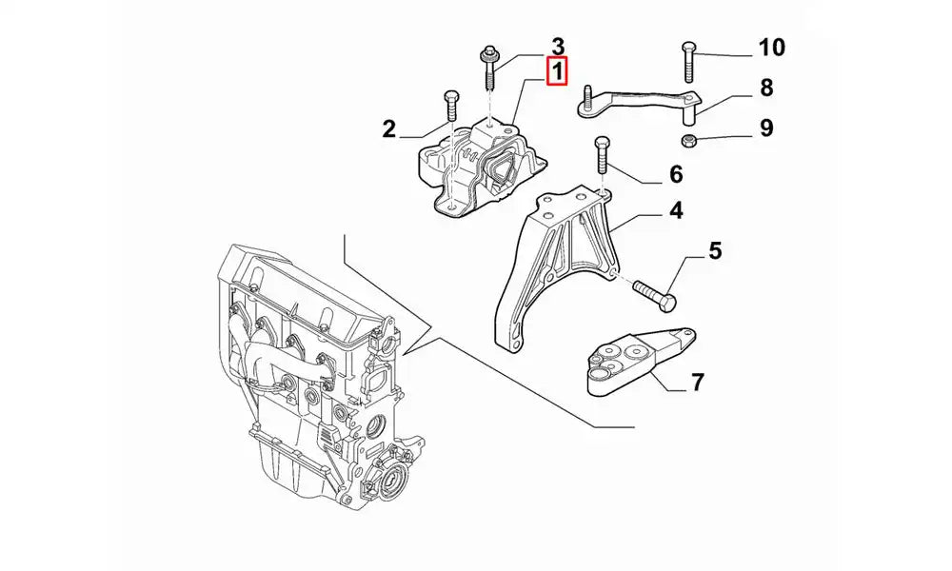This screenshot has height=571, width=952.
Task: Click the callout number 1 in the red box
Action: [x=556, y=71]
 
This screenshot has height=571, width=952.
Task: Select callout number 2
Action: [x=389, y=129]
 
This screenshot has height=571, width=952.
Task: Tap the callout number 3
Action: [x=558, y=46]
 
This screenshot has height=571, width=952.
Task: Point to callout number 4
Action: [x=674, y=211]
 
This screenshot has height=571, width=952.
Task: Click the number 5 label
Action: [x=714, y=251]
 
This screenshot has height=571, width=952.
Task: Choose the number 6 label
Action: [x=676, y=174]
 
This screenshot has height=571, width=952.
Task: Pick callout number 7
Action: [x=697, y=383]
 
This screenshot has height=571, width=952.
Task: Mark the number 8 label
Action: [x=765, y=89]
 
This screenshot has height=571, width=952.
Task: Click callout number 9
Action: [x=766, y=128]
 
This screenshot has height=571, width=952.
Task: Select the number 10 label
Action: [x=771, y=47]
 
